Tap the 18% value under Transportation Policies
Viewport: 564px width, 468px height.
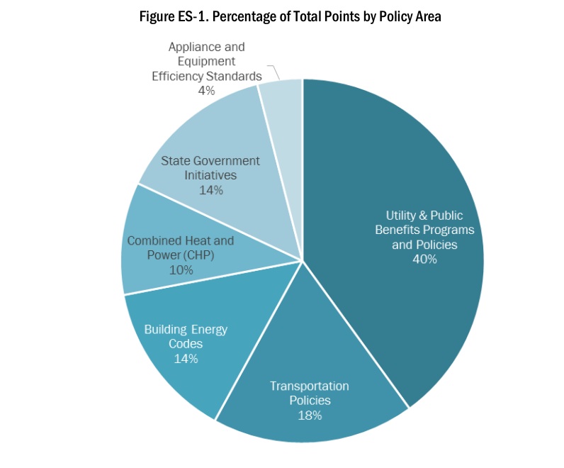tap(310, 416)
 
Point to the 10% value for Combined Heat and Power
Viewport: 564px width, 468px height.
tap(180, 270)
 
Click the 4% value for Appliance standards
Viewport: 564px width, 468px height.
tap(207, 91)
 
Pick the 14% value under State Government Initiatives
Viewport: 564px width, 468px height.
tap(210, 190)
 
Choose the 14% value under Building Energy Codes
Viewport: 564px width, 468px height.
tap(185, 359)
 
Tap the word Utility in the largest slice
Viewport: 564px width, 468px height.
tap(401, 215)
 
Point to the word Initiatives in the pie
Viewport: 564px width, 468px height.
tap(210, 175)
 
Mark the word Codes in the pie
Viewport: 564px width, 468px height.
tap(186, 344)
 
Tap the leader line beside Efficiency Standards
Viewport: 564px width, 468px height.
tap(273, 70)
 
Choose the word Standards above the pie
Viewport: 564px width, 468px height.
tap(236, 76)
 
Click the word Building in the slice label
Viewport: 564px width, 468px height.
tap(167, 329)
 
